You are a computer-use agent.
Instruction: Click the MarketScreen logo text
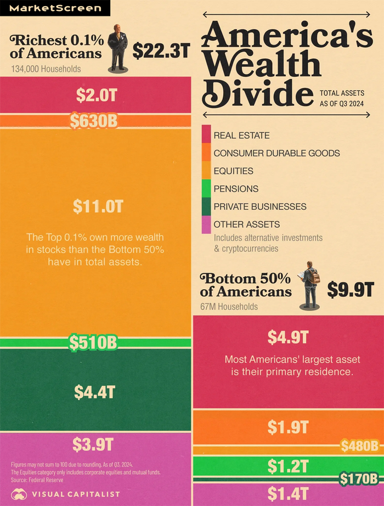(x=55, y=8)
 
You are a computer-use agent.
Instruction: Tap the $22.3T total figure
(x=161, y=51)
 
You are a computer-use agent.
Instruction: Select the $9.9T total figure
(x=351, y=289)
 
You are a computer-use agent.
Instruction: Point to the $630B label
(x=94, y=121)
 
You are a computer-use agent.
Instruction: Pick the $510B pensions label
(x=93, y=342)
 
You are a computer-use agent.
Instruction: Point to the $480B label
(x=359, y=446)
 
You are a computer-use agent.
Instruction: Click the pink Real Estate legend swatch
(x=206, y=135)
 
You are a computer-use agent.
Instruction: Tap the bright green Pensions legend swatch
(x=206, y=189)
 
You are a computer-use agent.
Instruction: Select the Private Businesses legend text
(x=260, y=207)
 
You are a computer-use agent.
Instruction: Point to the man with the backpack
(x=310, y=286)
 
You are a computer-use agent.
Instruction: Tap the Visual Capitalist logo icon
(x=19, y=494)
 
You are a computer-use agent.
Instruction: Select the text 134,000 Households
(x=46, y=69)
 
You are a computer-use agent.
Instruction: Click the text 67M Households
(x=231, y=306)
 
